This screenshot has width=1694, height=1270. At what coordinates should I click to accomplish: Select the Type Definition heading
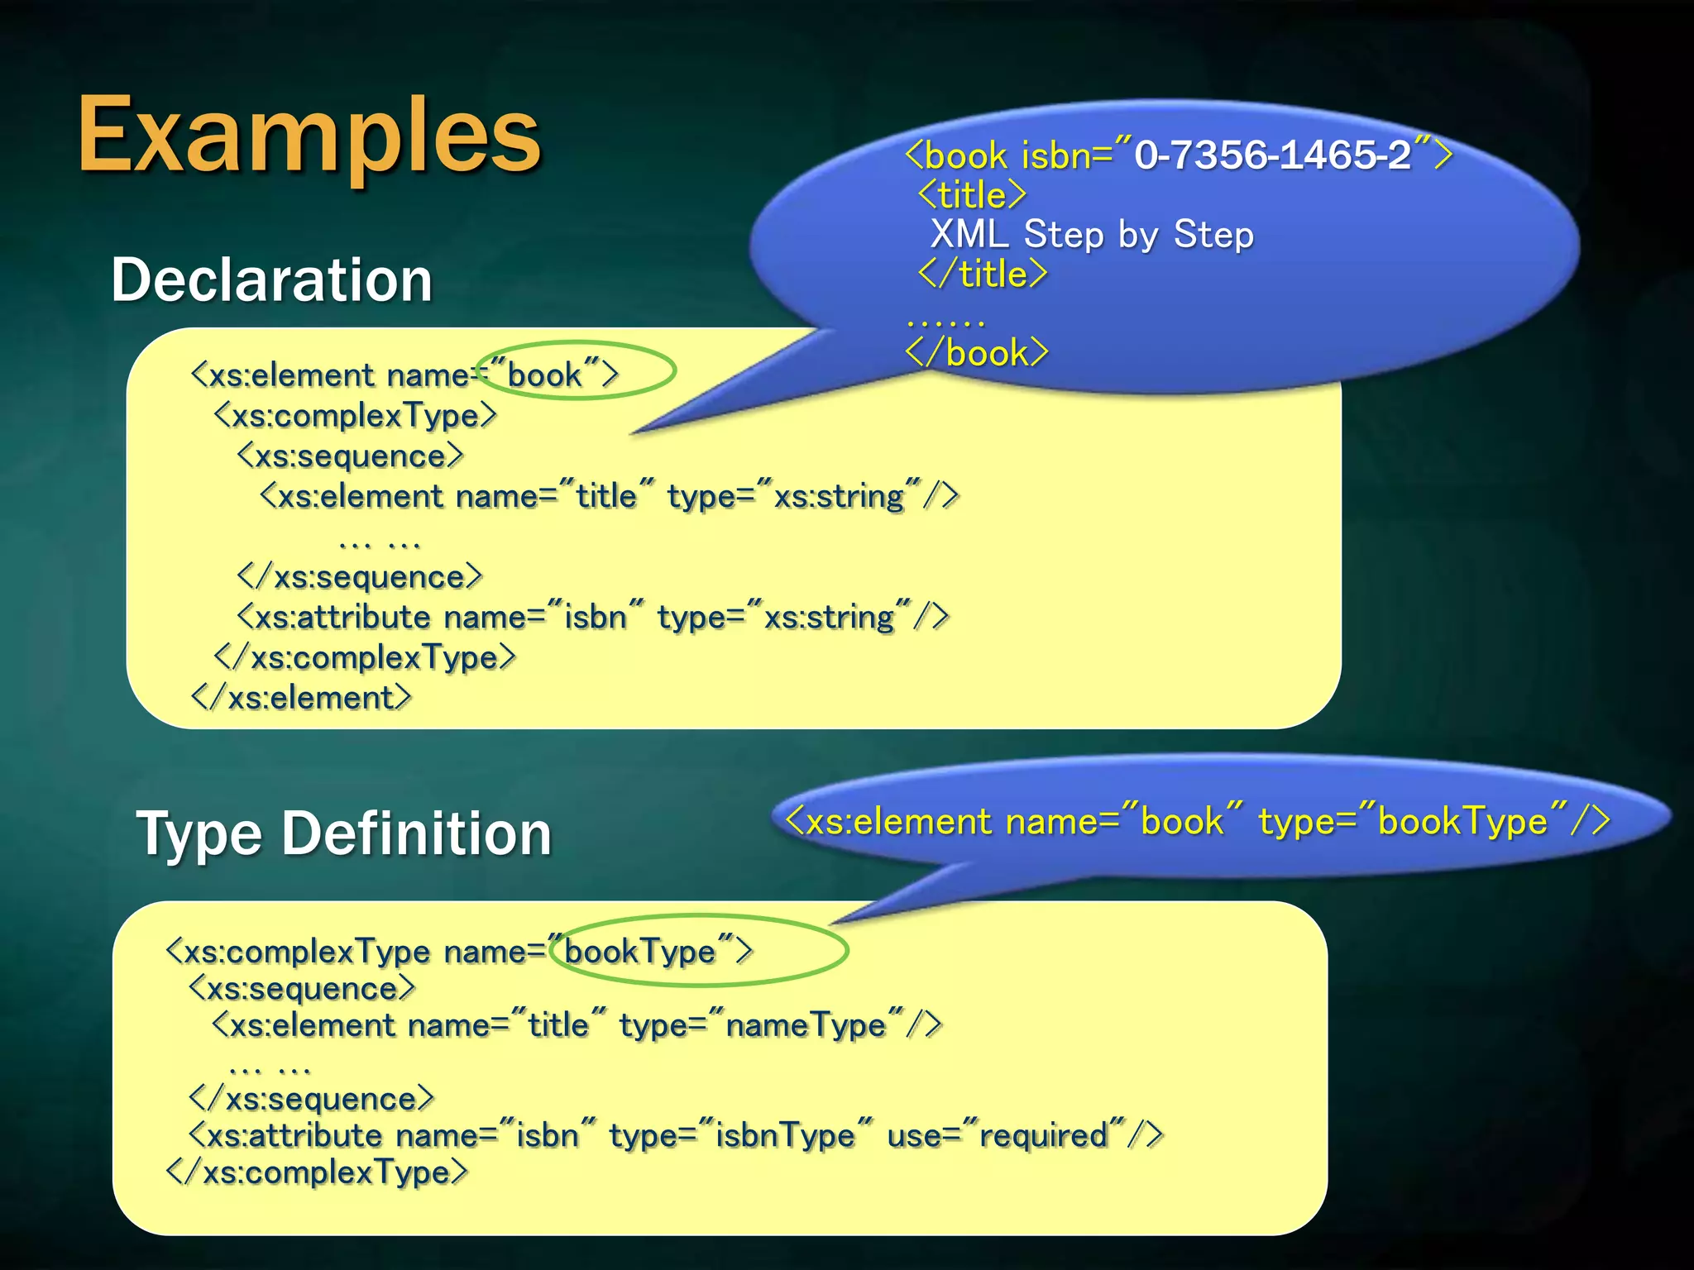point(343,833)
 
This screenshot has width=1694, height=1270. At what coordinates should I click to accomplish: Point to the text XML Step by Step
point(1091,235)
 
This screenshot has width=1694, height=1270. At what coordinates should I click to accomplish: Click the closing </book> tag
point(977,353)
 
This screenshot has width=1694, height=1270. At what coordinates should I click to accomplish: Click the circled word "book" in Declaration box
point(544,375)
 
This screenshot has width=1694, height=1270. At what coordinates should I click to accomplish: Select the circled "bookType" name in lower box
point(640,952)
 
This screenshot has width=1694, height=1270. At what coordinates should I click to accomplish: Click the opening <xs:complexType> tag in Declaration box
point(356,416)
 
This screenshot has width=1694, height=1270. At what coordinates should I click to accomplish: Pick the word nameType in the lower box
point(806,1026)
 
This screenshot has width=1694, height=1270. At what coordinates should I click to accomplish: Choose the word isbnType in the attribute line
point(785,1136)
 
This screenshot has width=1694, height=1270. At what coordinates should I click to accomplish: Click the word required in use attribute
point(1043,1136)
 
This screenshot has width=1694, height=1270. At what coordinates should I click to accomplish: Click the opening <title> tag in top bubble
point(973,196)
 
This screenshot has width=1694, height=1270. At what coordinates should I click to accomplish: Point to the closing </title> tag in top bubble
point(983,275)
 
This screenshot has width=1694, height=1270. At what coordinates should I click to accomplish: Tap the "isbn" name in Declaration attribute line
point(596,618)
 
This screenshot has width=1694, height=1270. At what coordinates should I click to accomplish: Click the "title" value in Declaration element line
point(606,497)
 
